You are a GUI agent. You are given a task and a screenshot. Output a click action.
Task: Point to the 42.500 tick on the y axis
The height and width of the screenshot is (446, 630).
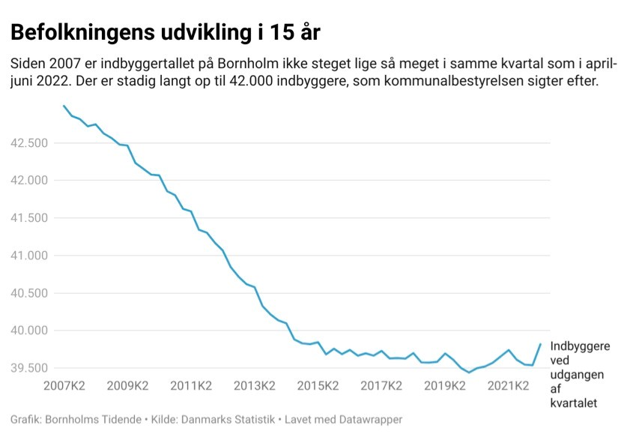[30, 143]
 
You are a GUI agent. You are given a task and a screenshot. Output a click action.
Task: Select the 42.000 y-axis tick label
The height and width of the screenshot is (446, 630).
[30, 181]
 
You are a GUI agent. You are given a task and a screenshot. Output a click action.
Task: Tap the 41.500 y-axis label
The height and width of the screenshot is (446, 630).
[30, 218]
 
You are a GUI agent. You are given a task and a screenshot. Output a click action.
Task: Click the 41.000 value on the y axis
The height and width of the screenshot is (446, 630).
[30, 256]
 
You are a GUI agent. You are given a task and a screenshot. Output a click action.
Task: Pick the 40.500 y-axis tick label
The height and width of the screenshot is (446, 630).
[30, 293]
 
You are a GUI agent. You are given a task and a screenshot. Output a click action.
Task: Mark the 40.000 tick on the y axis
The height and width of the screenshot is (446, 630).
[30, 331]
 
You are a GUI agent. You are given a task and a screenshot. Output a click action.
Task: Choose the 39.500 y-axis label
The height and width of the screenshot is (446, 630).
[30, 368]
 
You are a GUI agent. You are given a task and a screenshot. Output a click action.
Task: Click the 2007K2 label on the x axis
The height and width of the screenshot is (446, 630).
[64, 387]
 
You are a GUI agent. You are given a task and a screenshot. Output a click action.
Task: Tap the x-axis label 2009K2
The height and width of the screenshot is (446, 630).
[127, 387]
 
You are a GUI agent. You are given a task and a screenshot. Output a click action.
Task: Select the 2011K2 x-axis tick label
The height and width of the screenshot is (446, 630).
[191, 387]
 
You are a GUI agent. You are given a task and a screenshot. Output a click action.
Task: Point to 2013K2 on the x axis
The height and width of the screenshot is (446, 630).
[255, 387]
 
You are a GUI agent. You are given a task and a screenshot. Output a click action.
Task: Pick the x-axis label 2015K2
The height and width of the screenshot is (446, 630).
[318, 387]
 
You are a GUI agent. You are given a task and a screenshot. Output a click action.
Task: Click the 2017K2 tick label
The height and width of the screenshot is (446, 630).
[381, 387]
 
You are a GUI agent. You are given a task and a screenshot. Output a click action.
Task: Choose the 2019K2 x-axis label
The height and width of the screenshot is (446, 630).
[445, 387]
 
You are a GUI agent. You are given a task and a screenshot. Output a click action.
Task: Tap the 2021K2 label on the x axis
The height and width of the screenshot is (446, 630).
[509, 387]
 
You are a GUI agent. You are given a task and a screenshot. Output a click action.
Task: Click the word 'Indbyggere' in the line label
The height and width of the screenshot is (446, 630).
[580, 346]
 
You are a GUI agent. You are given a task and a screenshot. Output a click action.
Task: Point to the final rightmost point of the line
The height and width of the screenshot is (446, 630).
[541, 344]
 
